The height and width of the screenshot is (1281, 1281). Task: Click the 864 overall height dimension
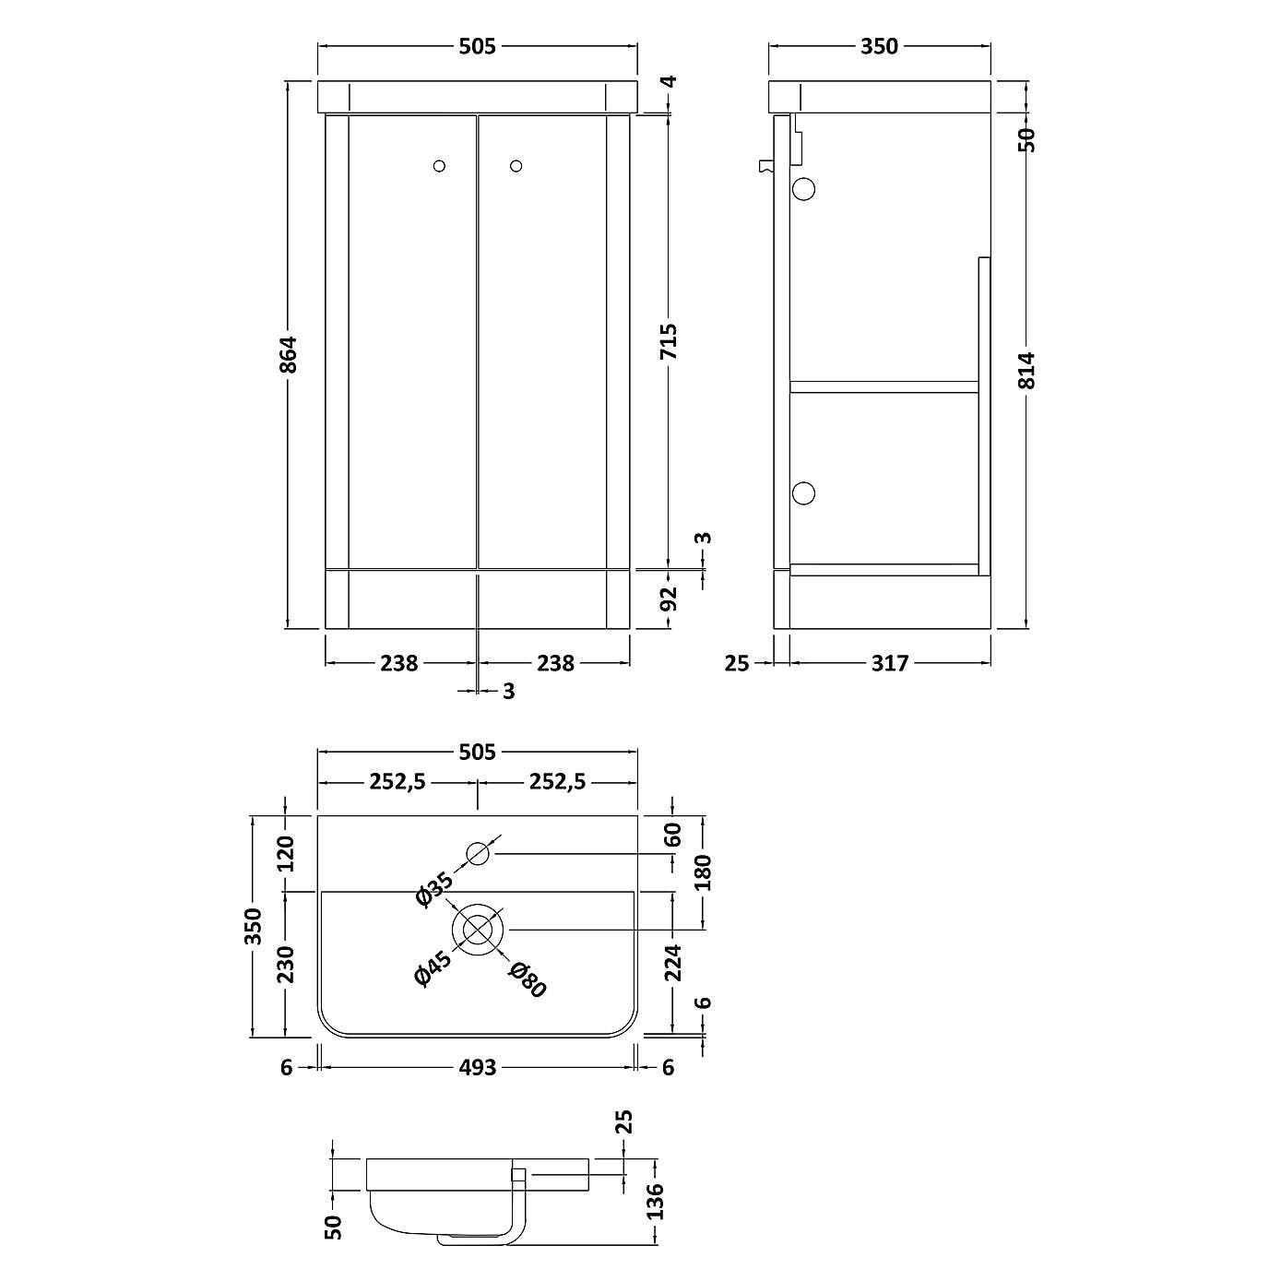point(289,354)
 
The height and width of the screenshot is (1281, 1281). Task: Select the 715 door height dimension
point(670,341)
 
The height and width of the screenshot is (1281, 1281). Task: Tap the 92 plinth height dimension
point(670,599)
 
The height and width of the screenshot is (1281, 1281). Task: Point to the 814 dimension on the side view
point(1028,370)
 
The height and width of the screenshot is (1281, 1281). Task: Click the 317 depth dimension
point(890,663)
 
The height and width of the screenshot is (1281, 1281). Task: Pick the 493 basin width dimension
point(478,1067)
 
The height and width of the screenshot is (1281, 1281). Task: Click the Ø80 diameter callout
point(528,979)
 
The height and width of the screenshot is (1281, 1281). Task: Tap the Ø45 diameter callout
point(433,969)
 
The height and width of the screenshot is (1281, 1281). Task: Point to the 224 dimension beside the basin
point(673,963)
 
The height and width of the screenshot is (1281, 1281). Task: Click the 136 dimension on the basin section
point(656,1202)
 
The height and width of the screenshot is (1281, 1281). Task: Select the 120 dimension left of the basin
point(285,853)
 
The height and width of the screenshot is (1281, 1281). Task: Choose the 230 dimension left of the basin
point(285,964)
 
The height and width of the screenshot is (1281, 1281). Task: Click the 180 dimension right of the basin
point(704,872)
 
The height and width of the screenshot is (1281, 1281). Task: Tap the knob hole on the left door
point(440,166)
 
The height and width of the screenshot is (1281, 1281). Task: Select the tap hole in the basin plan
point(478,854)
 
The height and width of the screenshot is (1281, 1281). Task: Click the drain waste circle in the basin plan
point(478,929)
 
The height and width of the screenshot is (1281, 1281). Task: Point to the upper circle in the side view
point(804,189)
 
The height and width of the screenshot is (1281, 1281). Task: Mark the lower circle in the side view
point(804,493)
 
